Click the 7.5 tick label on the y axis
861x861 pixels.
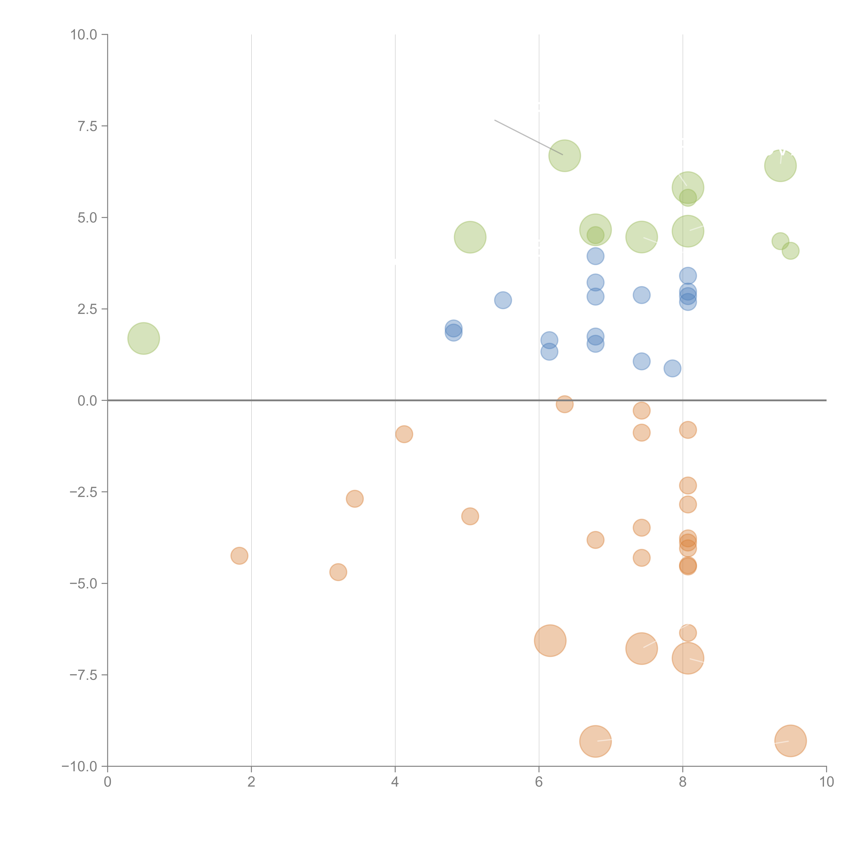87,126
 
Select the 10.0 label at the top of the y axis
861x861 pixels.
84,35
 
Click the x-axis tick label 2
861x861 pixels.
251,782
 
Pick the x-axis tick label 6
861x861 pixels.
539,782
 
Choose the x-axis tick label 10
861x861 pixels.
826,782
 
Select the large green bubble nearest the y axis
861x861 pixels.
143,338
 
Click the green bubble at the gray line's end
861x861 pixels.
565,155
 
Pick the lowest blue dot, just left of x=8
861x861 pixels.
672,368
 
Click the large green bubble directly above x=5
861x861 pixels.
470,237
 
